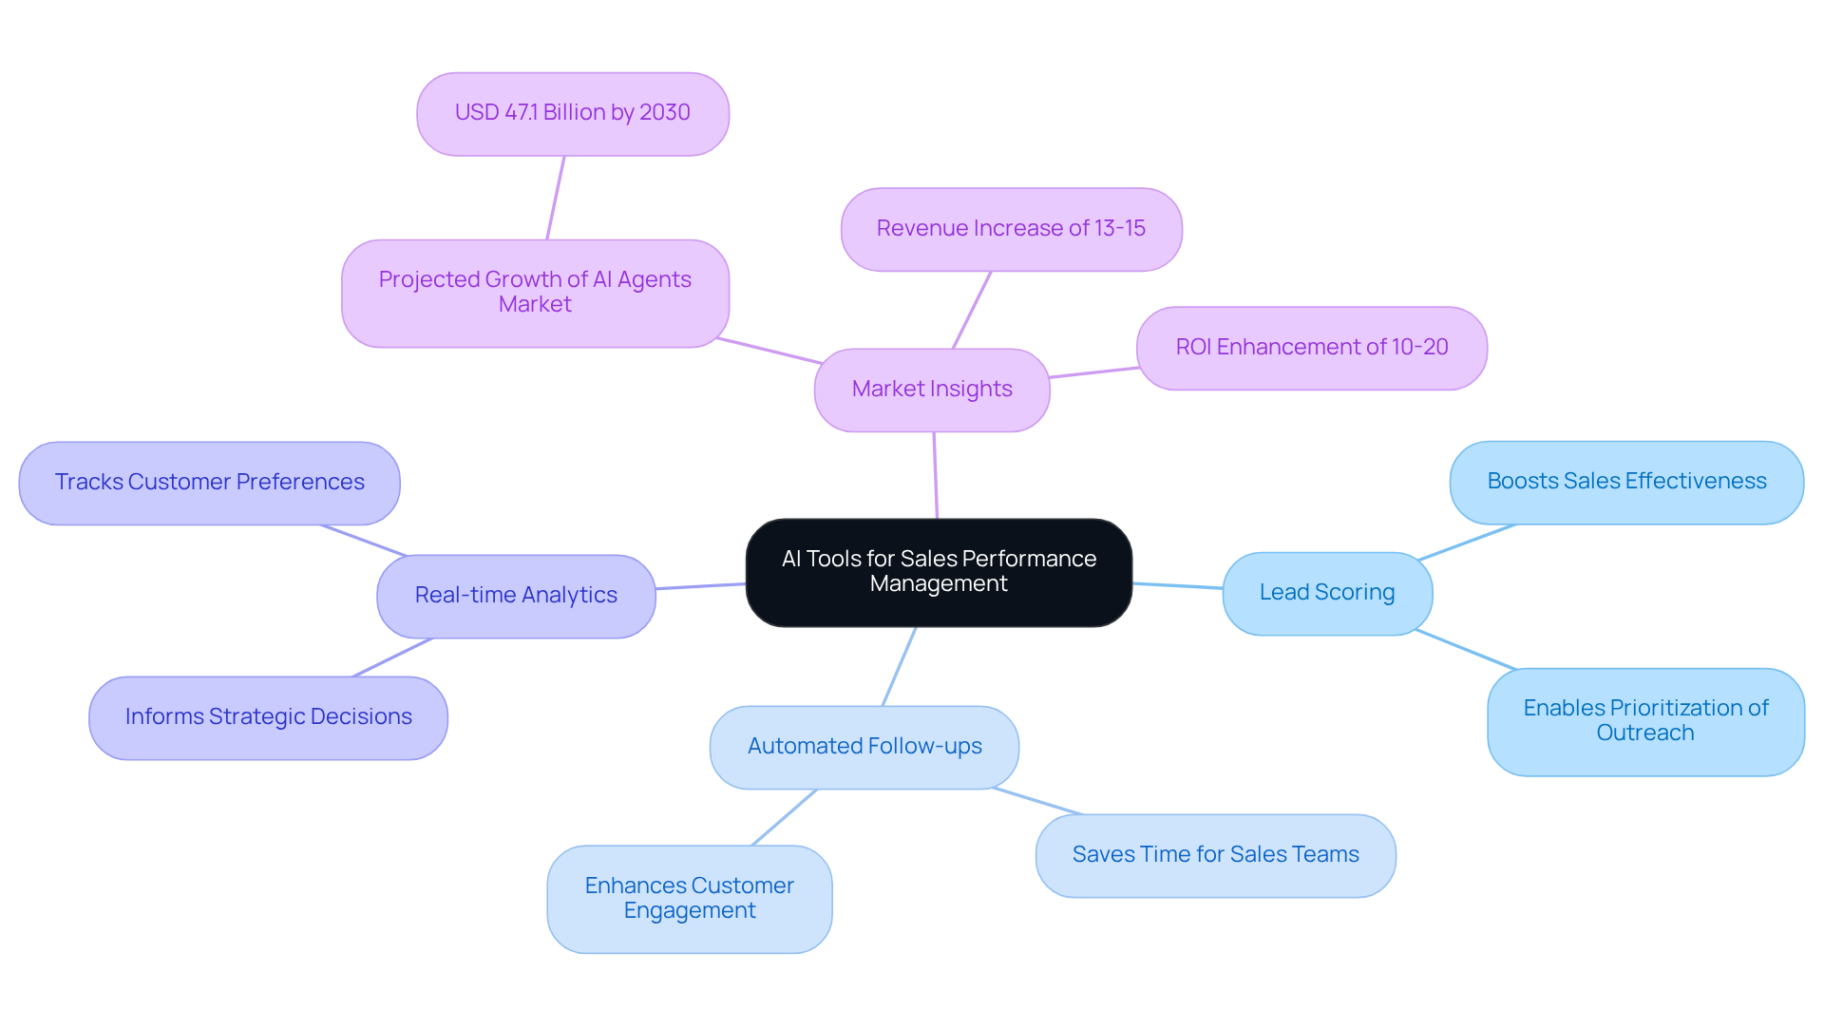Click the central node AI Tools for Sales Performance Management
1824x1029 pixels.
(x=939, y=572)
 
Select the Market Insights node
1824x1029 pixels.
(x=932, y=390)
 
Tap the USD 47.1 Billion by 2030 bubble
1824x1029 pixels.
(x=573, y=113)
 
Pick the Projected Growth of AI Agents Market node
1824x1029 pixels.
(x=535, y=293)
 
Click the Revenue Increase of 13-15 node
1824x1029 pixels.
(x=1011, y=229)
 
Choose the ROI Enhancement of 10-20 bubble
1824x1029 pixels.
(x=1311, y=348)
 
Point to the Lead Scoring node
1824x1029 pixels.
(x=1327, y=593)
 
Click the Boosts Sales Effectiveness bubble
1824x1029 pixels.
(x=1626, y=482)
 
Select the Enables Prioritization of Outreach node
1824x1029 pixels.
(x=1645, y=721)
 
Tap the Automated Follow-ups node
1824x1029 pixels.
(x=864, y=747)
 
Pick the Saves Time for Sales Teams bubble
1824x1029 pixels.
(x=1215, y=855)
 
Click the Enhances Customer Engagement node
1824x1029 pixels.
(x=690, y=899)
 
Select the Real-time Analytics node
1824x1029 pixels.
(x=516, y=596)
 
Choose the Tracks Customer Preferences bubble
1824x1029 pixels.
(x=209, y=483)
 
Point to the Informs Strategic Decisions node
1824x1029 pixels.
(x=268, y=717)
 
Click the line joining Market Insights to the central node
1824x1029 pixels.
(x=936, y=475)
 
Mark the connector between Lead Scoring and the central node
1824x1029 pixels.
(x=1178, y=586)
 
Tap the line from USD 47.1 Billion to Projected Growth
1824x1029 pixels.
(x=556, y=197)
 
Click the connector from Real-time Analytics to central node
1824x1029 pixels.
(x=701, y=586)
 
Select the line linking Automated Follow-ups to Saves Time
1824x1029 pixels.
(x=1037, y=801)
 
